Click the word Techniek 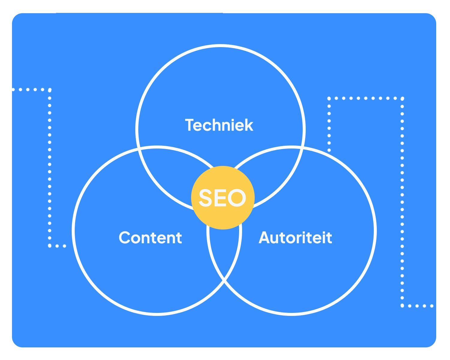[219, 125]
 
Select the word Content [150, 238]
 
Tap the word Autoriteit [295, 238]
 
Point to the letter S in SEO [205, 198]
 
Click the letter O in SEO [237, 198]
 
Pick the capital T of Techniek [190, 125]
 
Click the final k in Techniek [249, 125]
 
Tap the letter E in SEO [220, 198]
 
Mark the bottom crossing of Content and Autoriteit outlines [224, 281]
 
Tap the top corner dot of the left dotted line [50, 90]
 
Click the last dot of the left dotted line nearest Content [64, 246]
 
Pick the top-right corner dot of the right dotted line [402, 98]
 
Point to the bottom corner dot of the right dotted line [402, 306]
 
